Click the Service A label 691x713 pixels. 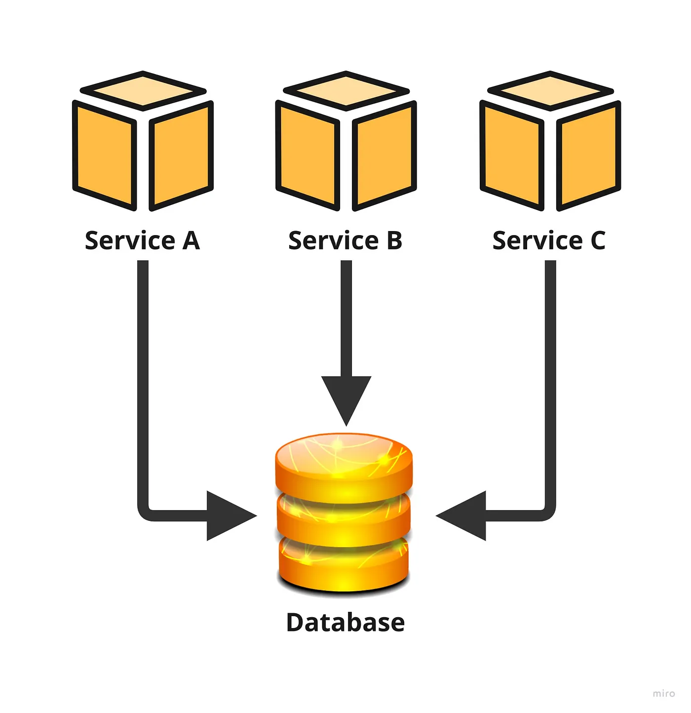pyautogui.click(x=142, y=240)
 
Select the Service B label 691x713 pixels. pyautogui.click(x=345, y=240)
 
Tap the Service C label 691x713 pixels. pyautogui.click(x=549, y=240)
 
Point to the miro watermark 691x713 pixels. pyautogui.click(x=663, y=693)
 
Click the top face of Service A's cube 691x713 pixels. pyautogui.click(x=143, y=91)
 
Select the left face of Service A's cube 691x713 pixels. pyautogui.click(x=105, y=156)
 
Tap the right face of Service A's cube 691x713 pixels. pyautogui.click(x=181, y=156)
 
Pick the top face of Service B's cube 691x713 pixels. pyautogui.click(x=346, y=91)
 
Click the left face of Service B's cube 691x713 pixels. pyautogui.click(x=308, y=156)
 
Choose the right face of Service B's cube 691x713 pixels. pyautogui.click(x=384, y=156)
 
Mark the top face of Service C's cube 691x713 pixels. pyautogui.click(x=550, y=91)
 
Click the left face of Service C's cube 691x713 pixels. pyautogui.click(x=512, y=156)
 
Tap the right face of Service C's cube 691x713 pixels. pyautogui.click(x=588, y=156)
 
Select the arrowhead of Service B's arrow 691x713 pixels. pyautogui.click(x=346, y=397)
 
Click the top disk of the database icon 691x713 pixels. pyautogui.click(x=344, y=462)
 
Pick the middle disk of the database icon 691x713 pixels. pyautogui.click(x=344, y=518)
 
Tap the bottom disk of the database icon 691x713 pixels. pyautogui.click(x=344, y=565)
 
